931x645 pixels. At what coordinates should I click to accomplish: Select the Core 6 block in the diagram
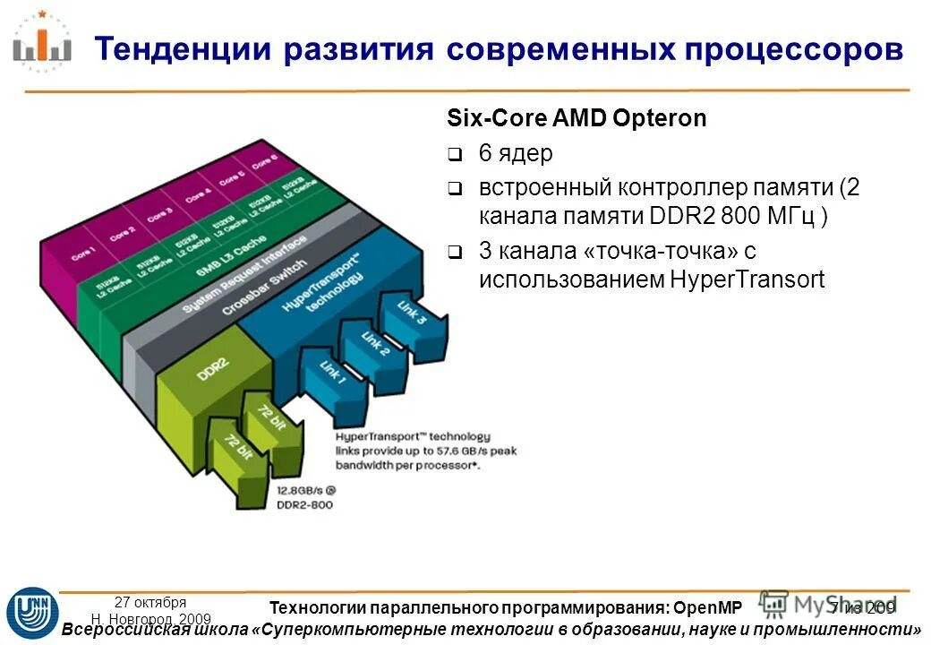264,161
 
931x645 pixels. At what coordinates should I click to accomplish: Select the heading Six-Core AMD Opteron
577,119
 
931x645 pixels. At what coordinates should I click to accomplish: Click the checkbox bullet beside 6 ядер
455,155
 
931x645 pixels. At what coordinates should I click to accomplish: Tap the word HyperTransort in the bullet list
747,279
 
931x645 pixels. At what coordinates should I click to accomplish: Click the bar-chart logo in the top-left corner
42,41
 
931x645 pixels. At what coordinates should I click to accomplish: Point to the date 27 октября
150,602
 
